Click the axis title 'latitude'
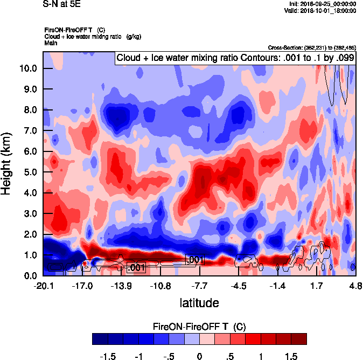pos(199,303)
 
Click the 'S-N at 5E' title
pos(61,4)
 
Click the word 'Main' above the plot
pos(51,42)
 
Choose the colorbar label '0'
pos(199,356)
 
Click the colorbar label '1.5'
pos(291,356)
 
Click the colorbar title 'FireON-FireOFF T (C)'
pos(199,327)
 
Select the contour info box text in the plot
pos(235,58)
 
